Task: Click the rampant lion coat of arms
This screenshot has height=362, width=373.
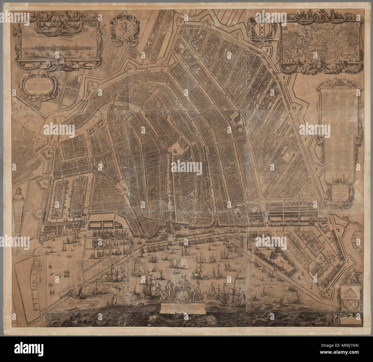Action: pyautogui.click(x=120, y=30)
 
